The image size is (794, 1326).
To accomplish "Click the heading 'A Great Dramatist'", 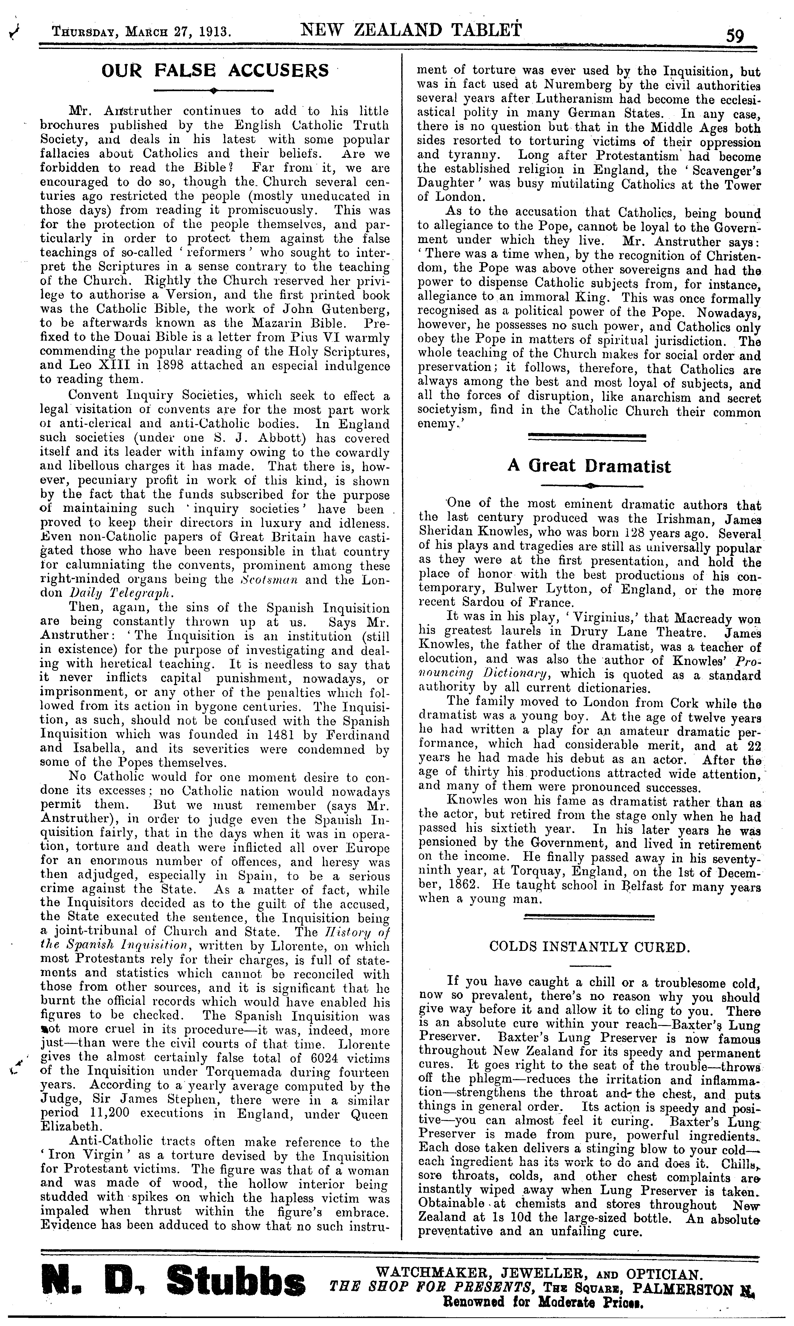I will point(589,466).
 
